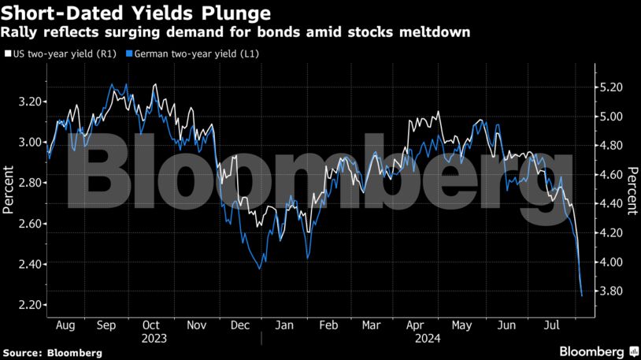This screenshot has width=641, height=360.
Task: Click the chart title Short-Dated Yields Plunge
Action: coord(137,13)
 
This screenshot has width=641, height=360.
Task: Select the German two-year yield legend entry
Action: coord(197,54)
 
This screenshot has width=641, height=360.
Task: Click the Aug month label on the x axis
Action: coord(66,325)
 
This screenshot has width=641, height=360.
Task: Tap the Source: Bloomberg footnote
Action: coord(52,353)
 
